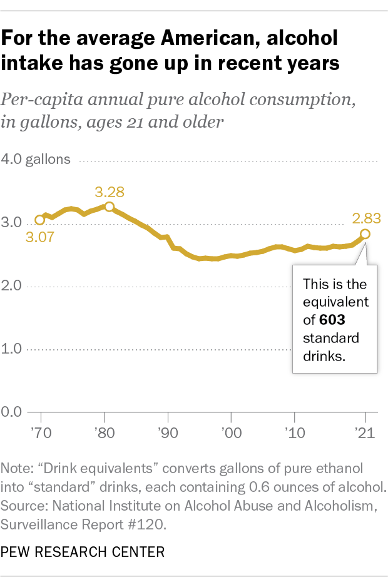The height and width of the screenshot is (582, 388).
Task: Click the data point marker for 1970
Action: [x=40, y=220]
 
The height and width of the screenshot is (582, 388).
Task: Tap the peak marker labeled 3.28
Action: [x=109, y=207]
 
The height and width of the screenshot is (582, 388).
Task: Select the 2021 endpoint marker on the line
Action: [x=365, y=234]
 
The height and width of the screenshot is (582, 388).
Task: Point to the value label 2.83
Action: [x=367, y=218]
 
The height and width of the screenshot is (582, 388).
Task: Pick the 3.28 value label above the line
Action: [x=110, y=191]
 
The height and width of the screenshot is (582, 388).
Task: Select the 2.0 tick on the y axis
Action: [x=16, y=287]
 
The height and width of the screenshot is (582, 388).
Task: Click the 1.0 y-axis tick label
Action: [x=16, y=349]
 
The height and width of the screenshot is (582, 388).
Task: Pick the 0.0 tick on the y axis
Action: [x=16, y=412]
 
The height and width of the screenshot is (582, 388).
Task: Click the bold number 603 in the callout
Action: [x=332, y=320]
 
